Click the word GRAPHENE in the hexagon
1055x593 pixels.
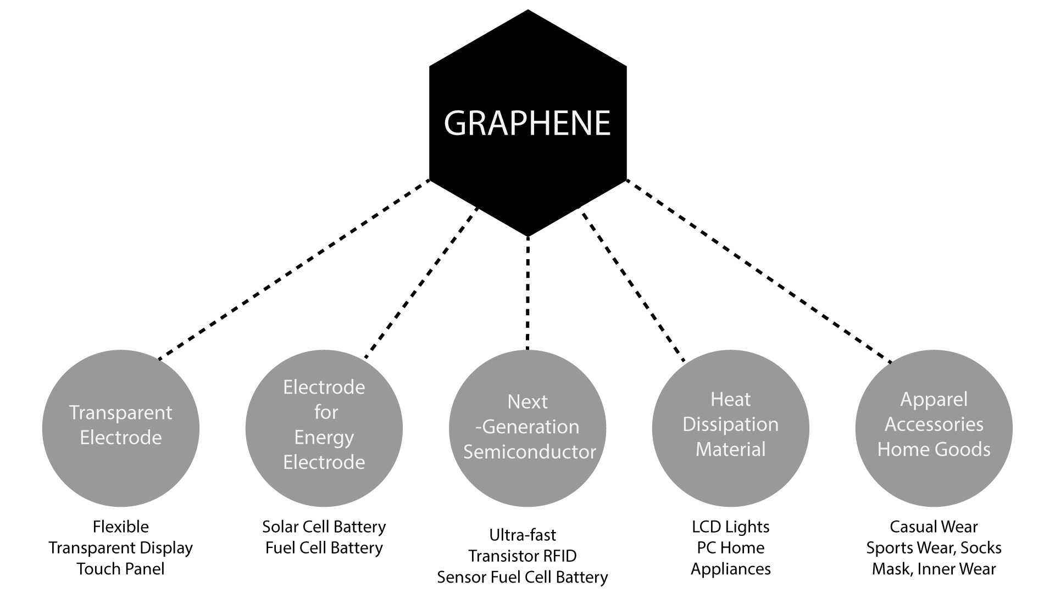click(527, 123)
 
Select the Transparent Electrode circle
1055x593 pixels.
click(121, 428)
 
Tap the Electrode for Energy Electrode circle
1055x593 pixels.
click(324, 428)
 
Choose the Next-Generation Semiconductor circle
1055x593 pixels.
click(527, 428)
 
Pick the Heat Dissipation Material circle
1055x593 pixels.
click(730, 428)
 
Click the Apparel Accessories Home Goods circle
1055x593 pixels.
click(934, 428)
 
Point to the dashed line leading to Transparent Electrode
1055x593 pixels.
click(294, 270)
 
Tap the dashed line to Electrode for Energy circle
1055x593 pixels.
click(421, 283)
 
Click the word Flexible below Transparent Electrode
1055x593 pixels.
click(121, 527)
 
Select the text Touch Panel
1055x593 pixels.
click(121, 569)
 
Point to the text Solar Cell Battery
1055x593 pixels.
click(324, 527)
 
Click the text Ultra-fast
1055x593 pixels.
click(523, 535)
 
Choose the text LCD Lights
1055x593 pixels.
click(730, 527)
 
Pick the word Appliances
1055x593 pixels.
click(730, 569)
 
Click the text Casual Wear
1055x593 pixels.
click(934, 527)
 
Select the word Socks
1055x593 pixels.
click(981, 548)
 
